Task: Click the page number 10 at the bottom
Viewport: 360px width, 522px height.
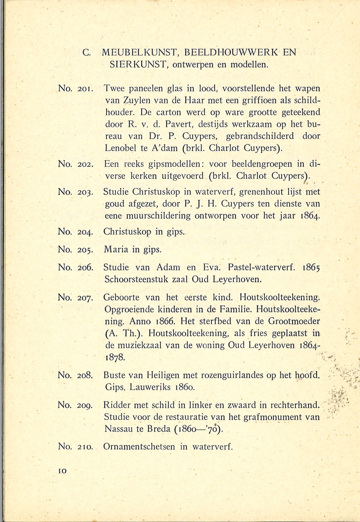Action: tap(62, 470)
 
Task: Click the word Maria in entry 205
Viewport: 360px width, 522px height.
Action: tap(116, 249)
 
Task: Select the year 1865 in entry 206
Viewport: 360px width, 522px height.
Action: tap(311, 268)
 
